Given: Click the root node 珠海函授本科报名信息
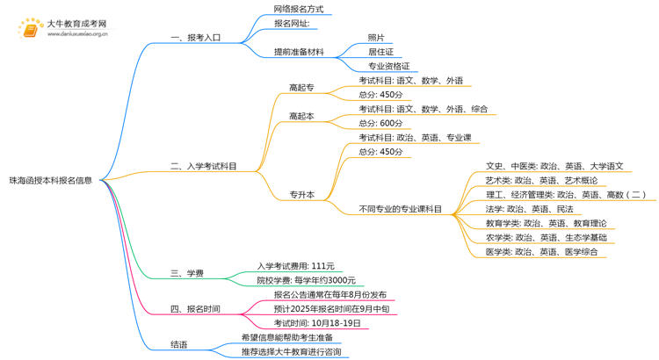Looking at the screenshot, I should (51, 181).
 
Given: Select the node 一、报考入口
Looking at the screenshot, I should (196, 38).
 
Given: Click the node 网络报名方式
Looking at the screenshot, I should (299, 9).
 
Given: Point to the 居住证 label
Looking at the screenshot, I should (380, 52).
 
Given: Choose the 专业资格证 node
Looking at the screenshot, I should (388, 67).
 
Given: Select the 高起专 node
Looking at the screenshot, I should (301, 87).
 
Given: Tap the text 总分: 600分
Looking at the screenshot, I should (381, 123).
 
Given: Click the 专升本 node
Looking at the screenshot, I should (301, 195).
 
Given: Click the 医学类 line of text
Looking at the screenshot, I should (542, 252).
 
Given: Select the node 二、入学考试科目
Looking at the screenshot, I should (203, 166).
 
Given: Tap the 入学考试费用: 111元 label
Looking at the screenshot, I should (295, 266).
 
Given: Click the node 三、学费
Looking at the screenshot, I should (186, 274).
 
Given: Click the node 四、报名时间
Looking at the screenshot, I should (195, 309).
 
